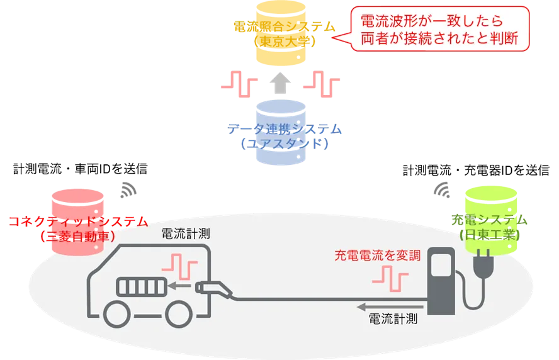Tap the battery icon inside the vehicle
pos(141,288)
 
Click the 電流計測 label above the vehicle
pos(186,234)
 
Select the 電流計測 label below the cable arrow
pos(393,319)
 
